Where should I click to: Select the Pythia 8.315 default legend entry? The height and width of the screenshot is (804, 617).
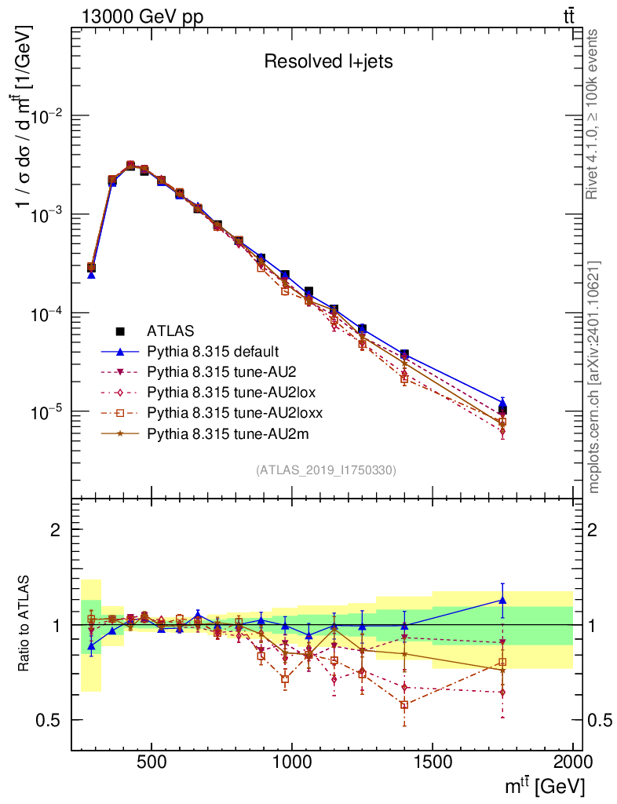(x=213, y=351)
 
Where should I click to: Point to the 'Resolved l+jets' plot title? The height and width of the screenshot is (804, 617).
(x=327, y=62)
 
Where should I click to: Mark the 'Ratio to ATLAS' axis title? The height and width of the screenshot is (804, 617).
(x=25, y=624)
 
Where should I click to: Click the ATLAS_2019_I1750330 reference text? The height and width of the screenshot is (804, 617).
(x=326, y=470)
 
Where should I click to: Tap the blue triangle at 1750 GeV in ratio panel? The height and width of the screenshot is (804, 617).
(x=502, y=601)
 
